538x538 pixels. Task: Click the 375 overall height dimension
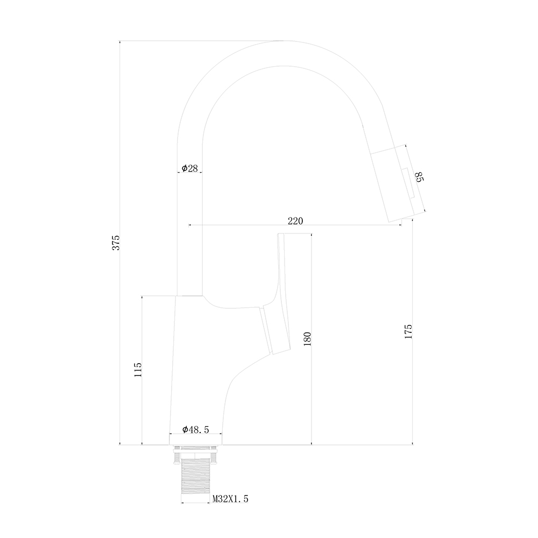[x=116, y=243]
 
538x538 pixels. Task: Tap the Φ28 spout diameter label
[x=190, y=168]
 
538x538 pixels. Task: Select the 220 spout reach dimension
[x=295, y=221]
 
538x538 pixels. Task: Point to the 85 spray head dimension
[x=420, y=177]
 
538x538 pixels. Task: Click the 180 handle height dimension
[x=307, y=338]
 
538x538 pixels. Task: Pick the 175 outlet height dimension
[x=408, y=331]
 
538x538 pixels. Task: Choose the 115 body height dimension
[x=138, y=370]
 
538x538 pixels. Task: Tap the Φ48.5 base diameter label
[x=196, y=429]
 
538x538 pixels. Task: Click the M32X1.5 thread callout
[x=230, y=499]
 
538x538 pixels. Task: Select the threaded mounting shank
[x=195, y=477]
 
